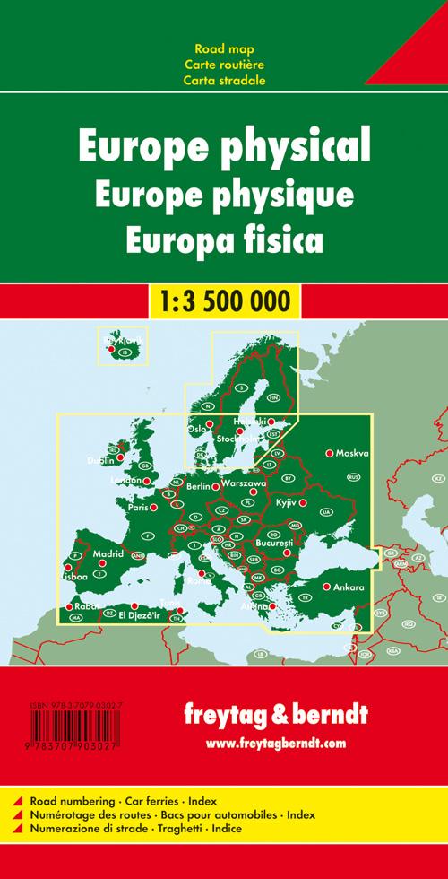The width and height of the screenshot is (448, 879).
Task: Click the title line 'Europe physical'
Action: pyautogui.click(x=224, y=143)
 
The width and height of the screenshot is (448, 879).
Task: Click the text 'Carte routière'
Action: pyautogui.click(x=224, y=63)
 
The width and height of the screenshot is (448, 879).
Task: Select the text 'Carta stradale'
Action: pyautogui.click(x=224, y=79)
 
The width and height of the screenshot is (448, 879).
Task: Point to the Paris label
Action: pyautogui.click(x=137, y=508)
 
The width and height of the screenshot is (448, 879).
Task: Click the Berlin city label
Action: pyautogui.click(x=198, y=486)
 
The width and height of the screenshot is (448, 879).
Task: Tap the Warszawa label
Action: pyautogui.click(x=244, y=483)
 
